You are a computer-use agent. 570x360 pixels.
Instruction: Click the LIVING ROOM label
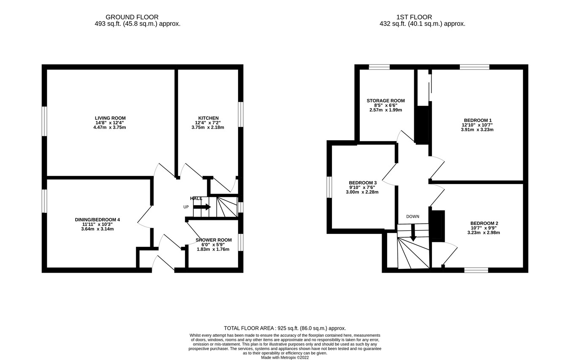click(x=110, y=118)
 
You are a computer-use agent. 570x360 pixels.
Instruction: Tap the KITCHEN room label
click(x=208, y=118)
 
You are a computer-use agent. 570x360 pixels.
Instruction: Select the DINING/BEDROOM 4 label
click(x=97, y=220)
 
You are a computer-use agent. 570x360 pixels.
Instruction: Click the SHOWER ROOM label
click(x=213, y=240)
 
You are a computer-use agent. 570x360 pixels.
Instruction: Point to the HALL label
click(x=196, y=198)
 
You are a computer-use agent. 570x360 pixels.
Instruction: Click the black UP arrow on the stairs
click(x=202, y=207)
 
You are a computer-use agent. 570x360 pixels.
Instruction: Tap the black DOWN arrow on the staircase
click(x=413, y=233)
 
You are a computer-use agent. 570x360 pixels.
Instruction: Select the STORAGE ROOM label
click(x=385, y=101)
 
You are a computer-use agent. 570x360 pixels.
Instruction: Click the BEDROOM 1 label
click(x=478, y=120)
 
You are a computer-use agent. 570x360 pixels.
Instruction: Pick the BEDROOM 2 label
click(x=484, y=223)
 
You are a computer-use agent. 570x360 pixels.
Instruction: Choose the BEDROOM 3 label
click(x=362, y=183)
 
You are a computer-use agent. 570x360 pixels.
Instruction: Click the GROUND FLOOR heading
click(x=132, y=17)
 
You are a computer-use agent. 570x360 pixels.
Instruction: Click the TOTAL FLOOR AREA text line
click(x=285, y=328)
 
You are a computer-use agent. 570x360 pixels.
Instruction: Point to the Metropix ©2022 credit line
click(x=285, y=357)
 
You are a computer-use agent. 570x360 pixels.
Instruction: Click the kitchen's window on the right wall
click(x=241, y=114)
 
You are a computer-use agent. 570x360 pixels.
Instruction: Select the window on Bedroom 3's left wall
click(x=329, y=187)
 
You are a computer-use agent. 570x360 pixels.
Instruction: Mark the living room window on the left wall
click(x=44, y=121)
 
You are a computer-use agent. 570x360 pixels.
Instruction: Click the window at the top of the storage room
click(x=379, y=67)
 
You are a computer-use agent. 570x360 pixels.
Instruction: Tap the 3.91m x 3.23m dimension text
click(x=477, y=130)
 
